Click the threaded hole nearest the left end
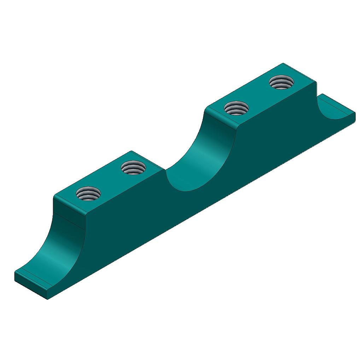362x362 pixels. click(x=88, y=193)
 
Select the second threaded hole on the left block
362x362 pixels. click(x=133, y=168)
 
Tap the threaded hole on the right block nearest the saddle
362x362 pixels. click(x=237, y=107)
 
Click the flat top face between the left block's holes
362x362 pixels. click(x=111, y=180)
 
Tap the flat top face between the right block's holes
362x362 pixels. click(x=259, y=95)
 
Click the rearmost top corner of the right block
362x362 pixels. click(x=283, y=64)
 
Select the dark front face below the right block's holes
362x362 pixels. click(x=276, y=141)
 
